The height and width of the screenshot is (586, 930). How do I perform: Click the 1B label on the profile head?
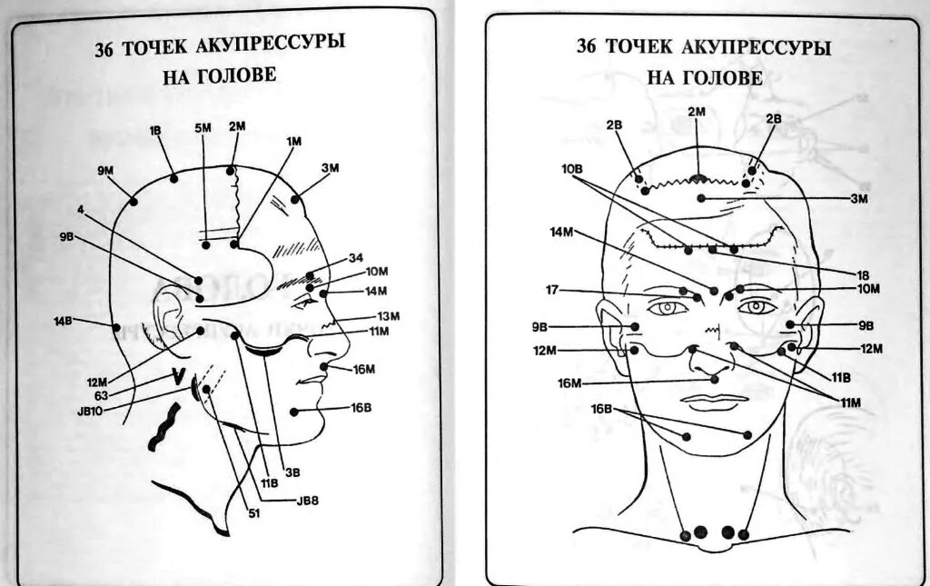pos(155,130)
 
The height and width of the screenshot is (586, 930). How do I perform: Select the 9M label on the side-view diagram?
pos(106,169)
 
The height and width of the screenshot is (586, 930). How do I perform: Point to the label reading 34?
pos(355,257)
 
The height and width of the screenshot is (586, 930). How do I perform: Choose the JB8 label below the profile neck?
pos(308,500)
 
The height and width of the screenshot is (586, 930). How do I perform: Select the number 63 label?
pos(101,395)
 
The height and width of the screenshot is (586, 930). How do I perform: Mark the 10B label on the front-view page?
pos(571,169)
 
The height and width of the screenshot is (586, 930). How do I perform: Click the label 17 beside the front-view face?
pos(552,291)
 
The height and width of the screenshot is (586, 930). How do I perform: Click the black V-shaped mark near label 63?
pos(180,375)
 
